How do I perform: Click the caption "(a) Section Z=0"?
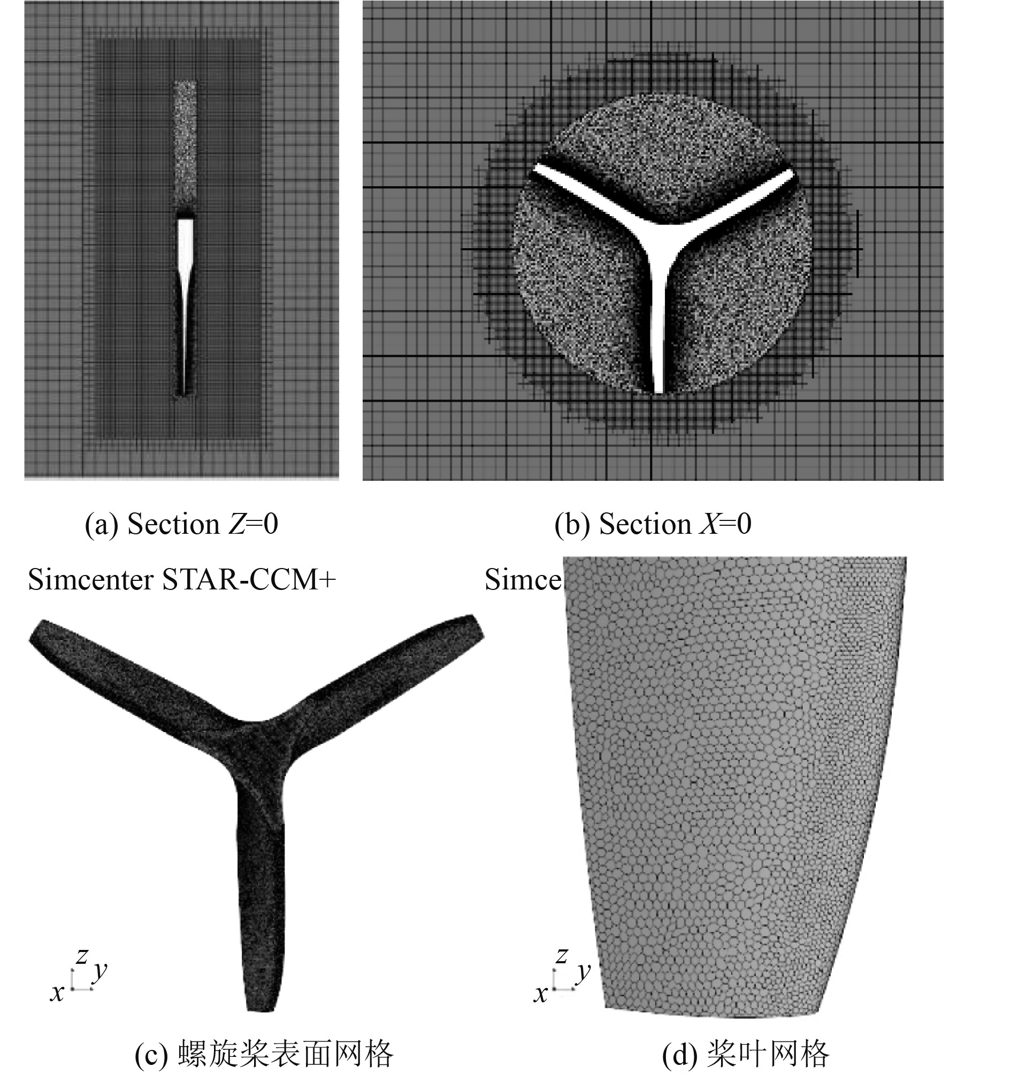click(181, 524)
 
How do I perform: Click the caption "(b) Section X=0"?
click(653, 524)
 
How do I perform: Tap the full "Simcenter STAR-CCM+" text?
click(182, 580)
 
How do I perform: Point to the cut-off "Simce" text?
click(523, 580)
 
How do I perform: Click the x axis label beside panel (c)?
click(57, 992)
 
